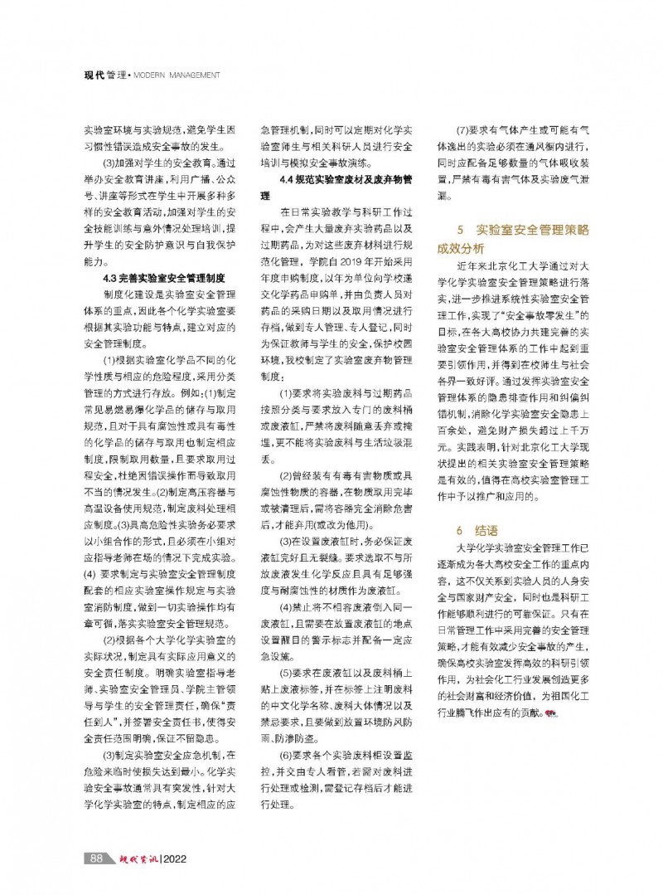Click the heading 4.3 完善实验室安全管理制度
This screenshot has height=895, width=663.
[169, 278]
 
